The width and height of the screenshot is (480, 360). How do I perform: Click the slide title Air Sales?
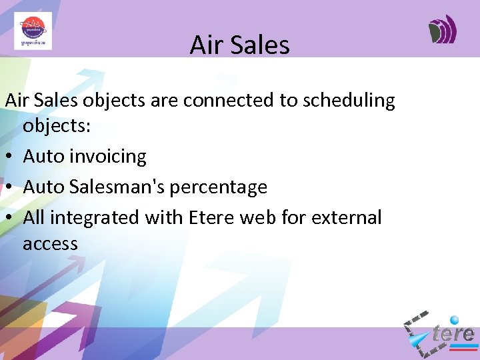239,45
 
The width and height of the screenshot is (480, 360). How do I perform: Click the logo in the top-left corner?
33,31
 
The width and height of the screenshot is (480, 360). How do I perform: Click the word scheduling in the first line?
349,101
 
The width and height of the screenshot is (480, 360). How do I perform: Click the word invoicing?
109,157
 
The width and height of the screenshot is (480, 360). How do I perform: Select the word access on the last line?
50,244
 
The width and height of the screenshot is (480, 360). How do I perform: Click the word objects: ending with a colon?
56,127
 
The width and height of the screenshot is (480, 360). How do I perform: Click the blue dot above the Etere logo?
455,320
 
